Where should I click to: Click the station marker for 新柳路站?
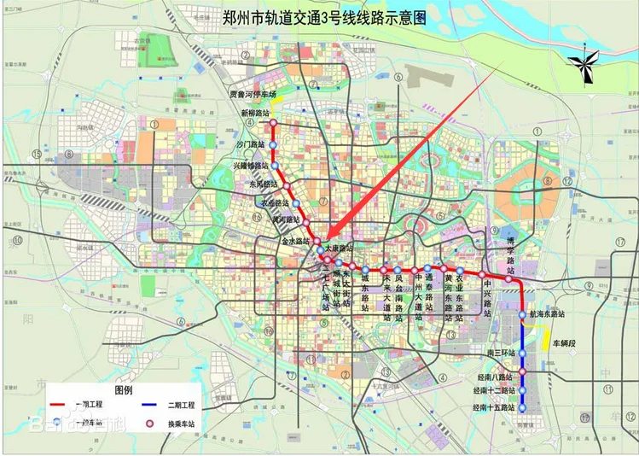[273, 123]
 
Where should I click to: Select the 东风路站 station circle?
[288, 184]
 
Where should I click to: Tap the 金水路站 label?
[295, 242]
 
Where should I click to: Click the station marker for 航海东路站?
[524, 314]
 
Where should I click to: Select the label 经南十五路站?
[494, 408]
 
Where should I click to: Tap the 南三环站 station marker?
[523, 352]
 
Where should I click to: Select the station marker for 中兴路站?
[482, 275]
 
